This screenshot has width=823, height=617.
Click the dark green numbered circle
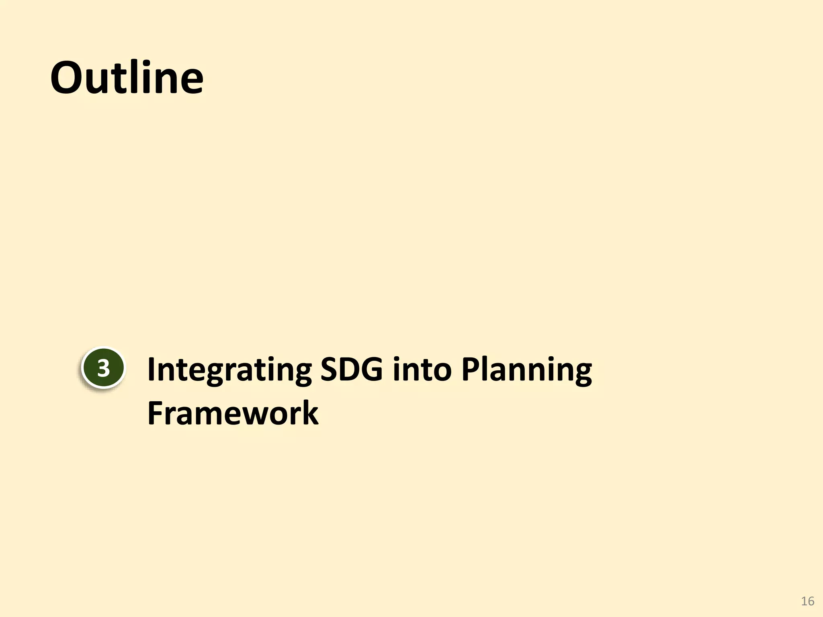103,368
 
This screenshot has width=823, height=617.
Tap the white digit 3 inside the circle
103,368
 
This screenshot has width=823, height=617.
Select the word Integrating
229,370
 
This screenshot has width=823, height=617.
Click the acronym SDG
351,369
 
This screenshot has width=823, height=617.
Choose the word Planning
526,370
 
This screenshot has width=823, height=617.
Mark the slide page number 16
807,601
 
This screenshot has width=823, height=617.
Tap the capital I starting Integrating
151,369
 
